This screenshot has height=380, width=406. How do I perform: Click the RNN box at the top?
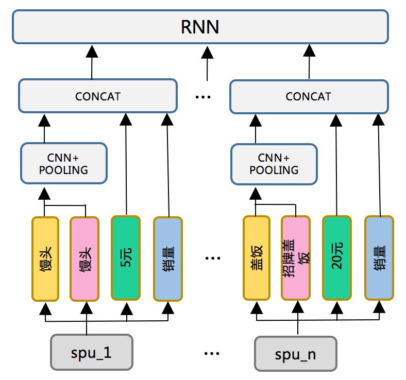click(200, 27)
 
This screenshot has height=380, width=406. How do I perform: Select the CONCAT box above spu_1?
click(98, 96)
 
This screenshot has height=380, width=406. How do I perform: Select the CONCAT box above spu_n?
click(308, 96)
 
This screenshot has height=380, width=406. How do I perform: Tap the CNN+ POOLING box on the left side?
click(64, 163)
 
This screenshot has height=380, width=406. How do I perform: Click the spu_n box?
click(295, 354)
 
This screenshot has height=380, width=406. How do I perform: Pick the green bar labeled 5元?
click(126, 257)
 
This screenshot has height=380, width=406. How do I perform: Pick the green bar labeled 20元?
click(336, 257)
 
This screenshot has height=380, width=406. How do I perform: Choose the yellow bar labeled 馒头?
click(45, 258)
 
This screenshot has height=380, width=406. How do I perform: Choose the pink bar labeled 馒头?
click(84, 258)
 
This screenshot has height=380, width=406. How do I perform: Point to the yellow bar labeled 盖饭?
click(256, 258)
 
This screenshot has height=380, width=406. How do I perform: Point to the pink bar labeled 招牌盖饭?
click(296, 258)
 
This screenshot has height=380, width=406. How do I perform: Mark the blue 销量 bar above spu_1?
click(168, 258)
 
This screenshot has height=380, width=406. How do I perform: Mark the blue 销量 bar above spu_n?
click(379, 258)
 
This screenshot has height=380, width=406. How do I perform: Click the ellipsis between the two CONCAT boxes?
click(204, 97)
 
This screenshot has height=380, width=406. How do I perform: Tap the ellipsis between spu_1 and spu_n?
click(211, 354)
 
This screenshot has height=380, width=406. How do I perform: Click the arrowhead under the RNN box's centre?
click(207, 51)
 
